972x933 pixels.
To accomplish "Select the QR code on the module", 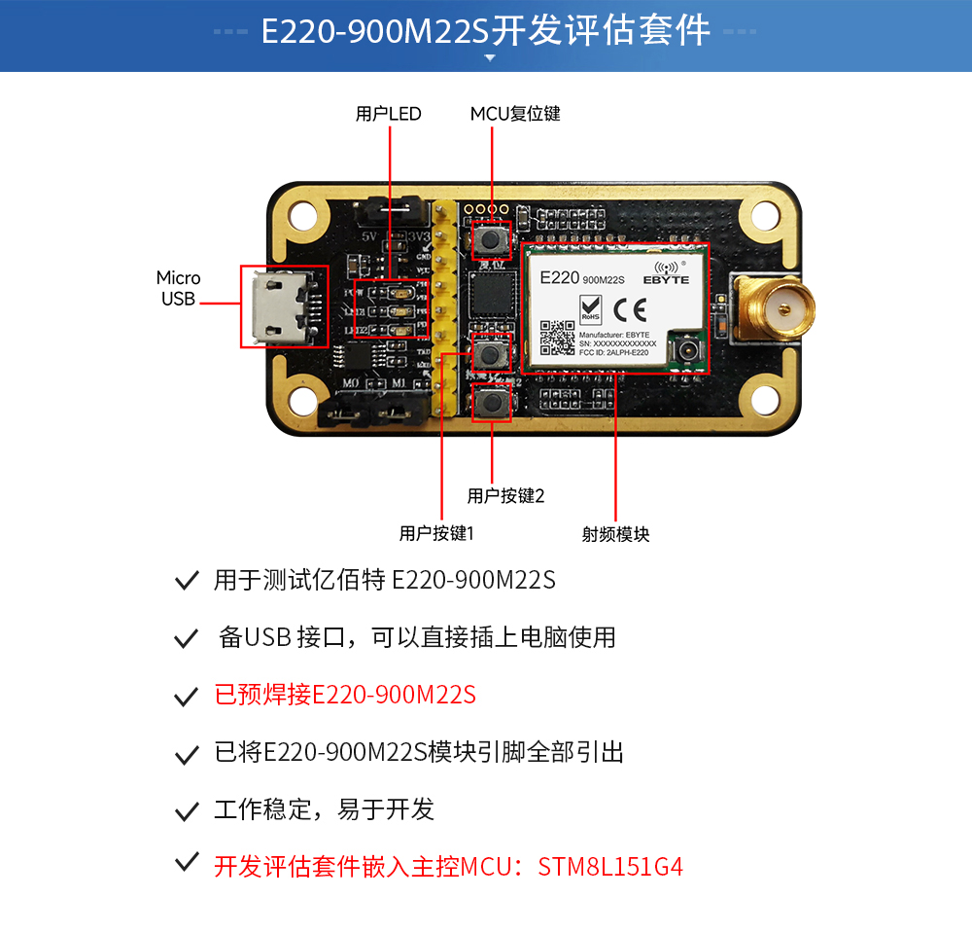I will coord(558,338).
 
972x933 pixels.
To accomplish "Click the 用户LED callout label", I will coord(389,114).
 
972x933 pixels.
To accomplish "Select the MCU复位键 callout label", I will coord(515,114).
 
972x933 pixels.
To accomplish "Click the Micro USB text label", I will coord(178,289).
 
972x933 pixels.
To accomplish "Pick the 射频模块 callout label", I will coord(615,533).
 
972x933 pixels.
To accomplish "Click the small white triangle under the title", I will coord(490,58).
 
